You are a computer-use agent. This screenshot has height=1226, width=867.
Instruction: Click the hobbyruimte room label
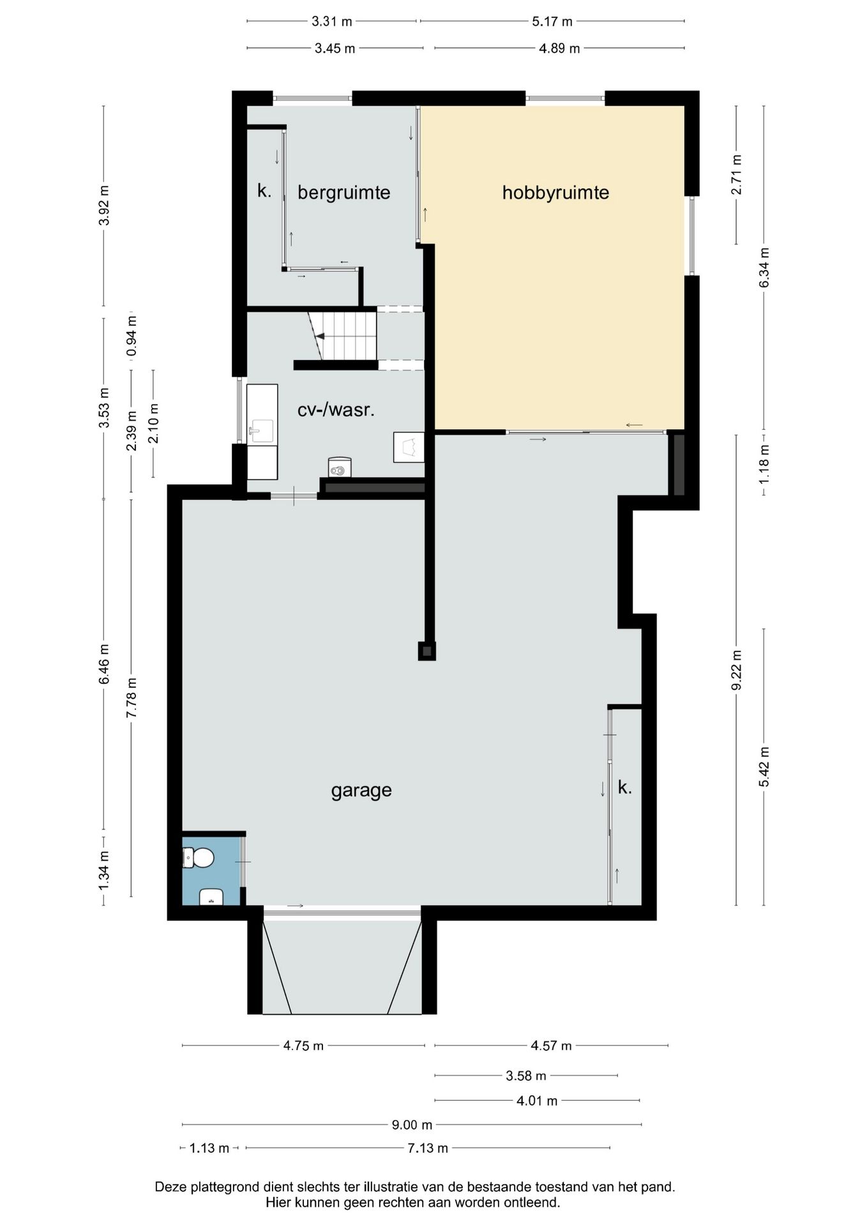[555, 193]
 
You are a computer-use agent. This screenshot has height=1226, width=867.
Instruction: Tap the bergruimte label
[343, 193]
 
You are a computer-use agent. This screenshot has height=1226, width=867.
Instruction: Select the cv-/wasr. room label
[336, 409]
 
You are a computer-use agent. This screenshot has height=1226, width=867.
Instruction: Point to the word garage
[361, 791]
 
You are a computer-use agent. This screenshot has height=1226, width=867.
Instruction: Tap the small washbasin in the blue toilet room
[211, 897]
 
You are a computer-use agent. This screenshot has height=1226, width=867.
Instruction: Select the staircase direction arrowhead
[320, 336]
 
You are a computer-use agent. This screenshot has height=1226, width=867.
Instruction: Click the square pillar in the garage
[427, 651]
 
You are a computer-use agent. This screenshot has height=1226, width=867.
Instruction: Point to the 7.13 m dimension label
[428, 1148]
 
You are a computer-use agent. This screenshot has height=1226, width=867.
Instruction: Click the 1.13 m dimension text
[209, 1148]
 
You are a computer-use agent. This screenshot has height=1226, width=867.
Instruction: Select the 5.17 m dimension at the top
[552, 22]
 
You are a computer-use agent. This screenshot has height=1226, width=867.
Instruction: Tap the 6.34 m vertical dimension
[764, 267]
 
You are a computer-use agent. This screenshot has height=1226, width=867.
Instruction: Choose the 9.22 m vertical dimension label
[737, 670]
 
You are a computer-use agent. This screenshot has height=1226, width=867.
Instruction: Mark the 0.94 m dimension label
[132, 336]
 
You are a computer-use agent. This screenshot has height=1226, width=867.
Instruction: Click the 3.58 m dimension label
[526, 1076]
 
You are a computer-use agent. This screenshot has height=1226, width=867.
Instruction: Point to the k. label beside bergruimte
[264, 190]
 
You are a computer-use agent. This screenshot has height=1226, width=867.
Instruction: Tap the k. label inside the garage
[625, 788]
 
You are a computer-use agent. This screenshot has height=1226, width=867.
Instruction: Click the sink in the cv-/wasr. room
[262, 430]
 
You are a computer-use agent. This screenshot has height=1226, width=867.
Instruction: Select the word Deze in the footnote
[170, 1187]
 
